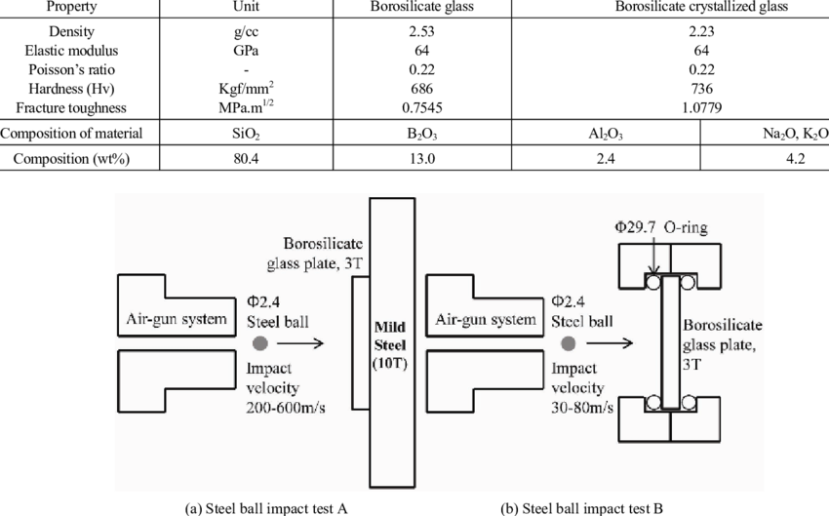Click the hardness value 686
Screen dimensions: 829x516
pyautogui.click(x=421, y=89)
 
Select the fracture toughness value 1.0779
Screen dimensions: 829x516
pyautogui.click(x=701, y=108)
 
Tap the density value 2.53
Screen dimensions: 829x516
pyautogui.click(x=421, y=31)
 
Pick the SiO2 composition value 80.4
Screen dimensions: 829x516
pyautogui.click(x=247, y=159)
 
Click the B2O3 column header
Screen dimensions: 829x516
pyautogui.click(x=422, y=134)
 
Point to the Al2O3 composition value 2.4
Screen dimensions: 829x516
pyautogui.click(x=606, y=159)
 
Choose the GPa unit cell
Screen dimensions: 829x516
pyautogui.click(x=247, y=50)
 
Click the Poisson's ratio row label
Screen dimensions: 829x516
pyautogui.click(x=71, y=69)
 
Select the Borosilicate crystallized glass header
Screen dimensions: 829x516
pyautogui.click(x=701, y=7)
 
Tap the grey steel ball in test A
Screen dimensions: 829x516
pyautogui.click(x=260, y=343)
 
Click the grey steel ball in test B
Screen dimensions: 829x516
pyautogui.click(x=569, y=343)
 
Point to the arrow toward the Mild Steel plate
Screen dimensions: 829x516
pyautogui.click(x=300, y=343)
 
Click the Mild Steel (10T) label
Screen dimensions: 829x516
pyautogui.click(x=390, y=345)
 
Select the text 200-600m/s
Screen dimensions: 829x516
pyautogui.click(x=286, y=408)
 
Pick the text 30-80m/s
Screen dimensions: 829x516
pyautogui.click(x=582, y=408)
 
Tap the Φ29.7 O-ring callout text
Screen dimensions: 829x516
pyautogui.click(x=661, y=227)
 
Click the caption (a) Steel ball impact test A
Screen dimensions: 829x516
pyautogui.click(x=266, y=508)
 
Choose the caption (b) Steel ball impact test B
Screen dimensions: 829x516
pyautogui.click(x=581, y=508)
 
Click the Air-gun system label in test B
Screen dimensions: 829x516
pyautogui.click(x=486, y=319)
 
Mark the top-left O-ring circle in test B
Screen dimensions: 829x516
pyautogui.click(x=652, y=282)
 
